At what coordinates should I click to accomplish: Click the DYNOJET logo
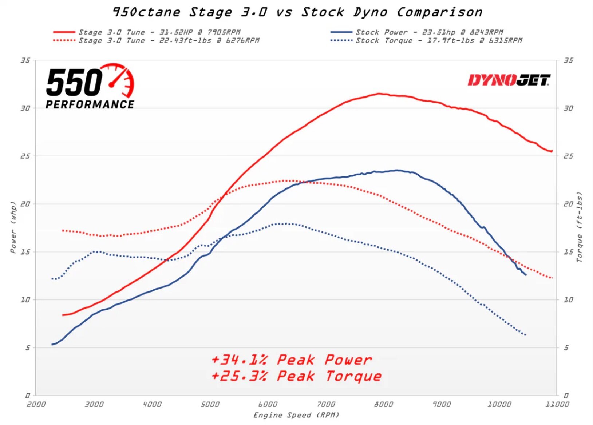point(509,80)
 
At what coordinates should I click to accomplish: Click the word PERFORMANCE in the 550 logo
point(90,104)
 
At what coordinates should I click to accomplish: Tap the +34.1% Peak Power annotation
point(292,360)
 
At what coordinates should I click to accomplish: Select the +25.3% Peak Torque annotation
point(296,376)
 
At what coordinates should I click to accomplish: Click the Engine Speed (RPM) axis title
point(296,415)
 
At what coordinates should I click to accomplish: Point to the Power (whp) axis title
point(13,227)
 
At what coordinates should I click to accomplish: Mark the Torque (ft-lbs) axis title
point(579,227)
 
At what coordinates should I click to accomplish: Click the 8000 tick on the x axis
point(383,404)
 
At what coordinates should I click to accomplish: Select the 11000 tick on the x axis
point(557,404)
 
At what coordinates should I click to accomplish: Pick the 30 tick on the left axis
point(25,108)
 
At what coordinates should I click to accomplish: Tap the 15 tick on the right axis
point(568,252)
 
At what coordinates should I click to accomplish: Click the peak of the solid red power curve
point(379,94)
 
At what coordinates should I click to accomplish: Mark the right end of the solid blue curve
point(526,275)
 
